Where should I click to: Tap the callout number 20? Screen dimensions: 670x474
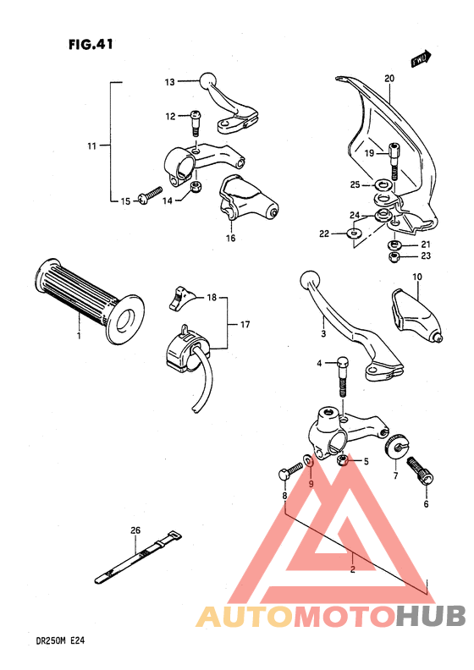389,79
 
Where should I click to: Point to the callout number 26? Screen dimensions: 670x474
135,530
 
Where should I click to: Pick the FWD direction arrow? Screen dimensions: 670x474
421,58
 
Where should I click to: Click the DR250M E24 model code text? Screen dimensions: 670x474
41,640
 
